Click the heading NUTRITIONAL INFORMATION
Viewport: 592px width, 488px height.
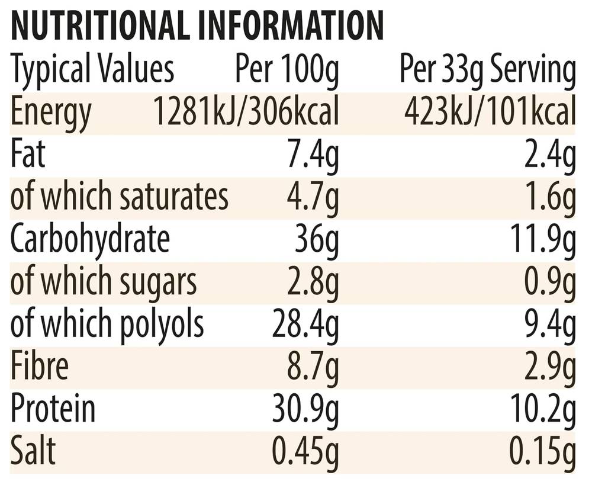pos(198,25)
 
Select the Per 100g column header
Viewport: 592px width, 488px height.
pos(287,70)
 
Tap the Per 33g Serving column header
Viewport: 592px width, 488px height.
pos(488,70)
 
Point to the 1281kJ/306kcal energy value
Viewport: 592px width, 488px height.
pos(246,112)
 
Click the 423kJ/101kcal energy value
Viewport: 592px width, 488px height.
pos(490,112)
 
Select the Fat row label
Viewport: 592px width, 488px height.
pos(28,154)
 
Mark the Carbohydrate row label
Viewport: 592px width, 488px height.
pos(90,240)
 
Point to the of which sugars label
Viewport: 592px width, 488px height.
pos(104,282)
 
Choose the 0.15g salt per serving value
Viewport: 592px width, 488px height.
pos(543,452)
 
